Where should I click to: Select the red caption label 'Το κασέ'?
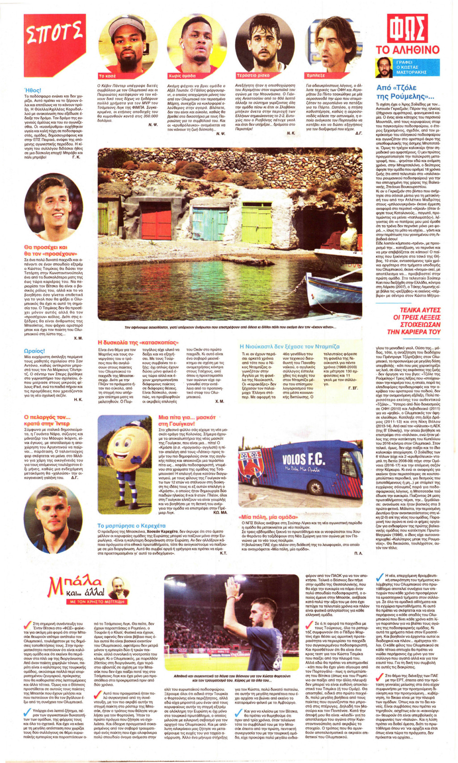tap(108, 76)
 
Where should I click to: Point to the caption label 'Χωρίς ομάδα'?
tap(182, 76)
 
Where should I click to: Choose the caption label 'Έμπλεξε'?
tap(316, 76)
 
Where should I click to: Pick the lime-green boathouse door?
tap(257, 223)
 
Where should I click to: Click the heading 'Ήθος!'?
tap(33, 90)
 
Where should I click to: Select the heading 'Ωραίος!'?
tap(34, 351)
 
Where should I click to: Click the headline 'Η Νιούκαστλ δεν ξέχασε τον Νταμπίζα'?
tap(296, 346)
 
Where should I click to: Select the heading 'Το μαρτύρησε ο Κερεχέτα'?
tap(131, 526)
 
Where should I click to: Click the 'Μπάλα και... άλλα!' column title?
tap(76, 586)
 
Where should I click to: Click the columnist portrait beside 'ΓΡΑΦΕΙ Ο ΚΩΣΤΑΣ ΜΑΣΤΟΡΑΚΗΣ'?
tap(383, 67)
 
